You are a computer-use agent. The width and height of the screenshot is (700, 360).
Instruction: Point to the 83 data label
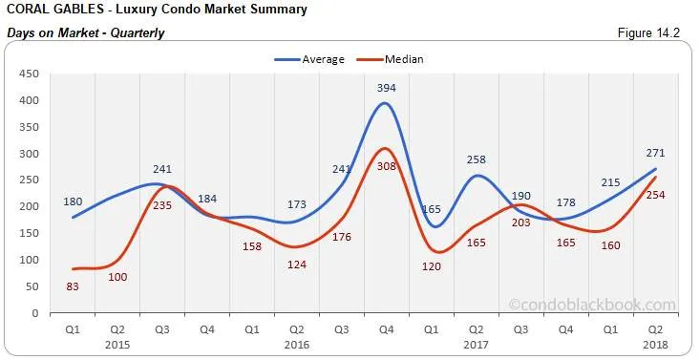coord(73,286)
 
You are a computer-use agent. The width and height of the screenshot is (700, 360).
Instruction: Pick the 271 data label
coord(656,153)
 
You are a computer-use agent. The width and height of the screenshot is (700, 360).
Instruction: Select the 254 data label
coord(656,196)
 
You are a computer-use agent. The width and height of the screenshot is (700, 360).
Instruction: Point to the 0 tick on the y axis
coord(34,313)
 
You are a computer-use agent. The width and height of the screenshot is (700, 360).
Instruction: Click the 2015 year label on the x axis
coord(117,344)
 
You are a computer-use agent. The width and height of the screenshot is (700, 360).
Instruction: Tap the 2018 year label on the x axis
coord(656,344)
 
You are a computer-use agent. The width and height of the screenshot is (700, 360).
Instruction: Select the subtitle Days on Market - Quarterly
coord(86,33)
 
